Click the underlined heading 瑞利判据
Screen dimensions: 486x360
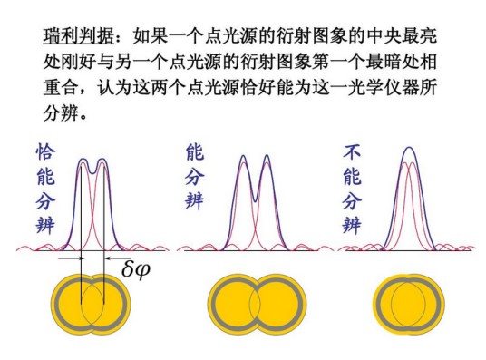click(x=79, y=36)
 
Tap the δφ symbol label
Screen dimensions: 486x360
click(x=136, y=269)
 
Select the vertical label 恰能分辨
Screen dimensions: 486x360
click(x=46, y=189)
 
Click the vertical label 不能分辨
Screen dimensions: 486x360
click(x=352, y=189)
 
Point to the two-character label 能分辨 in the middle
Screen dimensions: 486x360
click(x=195, y=176)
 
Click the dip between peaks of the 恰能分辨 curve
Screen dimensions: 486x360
click(x=92, y=171)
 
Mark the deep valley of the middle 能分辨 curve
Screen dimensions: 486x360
click(x=255, y=200)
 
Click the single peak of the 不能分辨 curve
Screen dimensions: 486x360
click(x=410, y=148)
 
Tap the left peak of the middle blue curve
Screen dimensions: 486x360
click(x=244, y=157)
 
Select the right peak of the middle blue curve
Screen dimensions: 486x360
click(x=267, y=157)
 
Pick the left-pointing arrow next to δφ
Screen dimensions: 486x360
click(x=118, y=258)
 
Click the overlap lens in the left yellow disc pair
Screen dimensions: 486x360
click(x=92, y=304)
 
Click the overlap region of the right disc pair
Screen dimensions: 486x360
click(x=408, y=304)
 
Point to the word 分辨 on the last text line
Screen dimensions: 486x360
click(x=61, y=113)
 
